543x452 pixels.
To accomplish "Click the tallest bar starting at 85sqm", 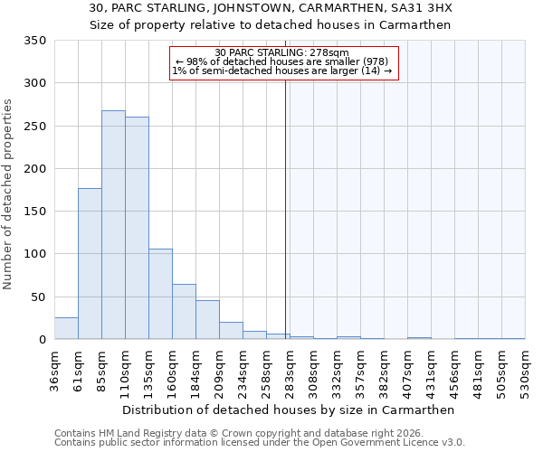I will (x=113, y=225).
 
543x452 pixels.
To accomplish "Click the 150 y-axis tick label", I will (x=35, y=212).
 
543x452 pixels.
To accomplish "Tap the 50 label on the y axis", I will (x=39, y=297).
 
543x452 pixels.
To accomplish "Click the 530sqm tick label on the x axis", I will (x=525, y=372).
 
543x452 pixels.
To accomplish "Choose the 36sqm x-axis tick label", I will (x=54, y=372).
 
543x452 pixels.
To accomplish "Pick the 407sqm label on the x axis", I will (x=407, y=372).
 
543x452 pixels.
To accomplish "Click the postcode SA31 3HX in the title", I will (x=418, y=8).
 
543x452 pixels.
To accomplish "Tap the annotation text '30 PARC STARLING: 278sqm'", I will (x=282, y=53).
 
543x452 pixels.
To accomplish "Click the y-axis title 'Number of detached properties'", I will (x=8, y=194).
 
